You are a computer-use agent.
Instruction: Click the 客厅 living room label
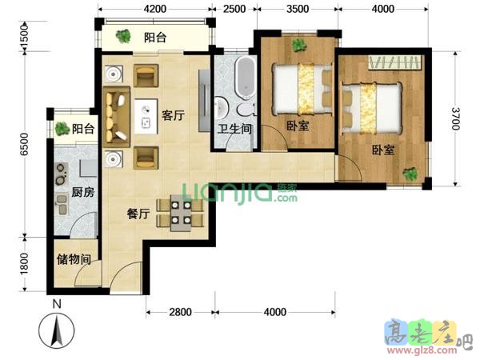pyautogui.click(x=174, y=115)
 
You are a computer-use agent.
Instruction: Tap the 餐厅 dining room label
pyautogui.click(x=138, y=214)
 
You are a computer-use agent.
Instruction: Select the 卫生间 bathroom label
pyautogui.click(x=234, y=129)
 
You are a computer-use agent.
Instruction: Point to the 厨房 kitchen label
pyautogui.click(x=83, y=192)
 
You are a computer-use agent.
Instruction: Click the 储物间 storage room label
pyautogui.click(x=74, y=259)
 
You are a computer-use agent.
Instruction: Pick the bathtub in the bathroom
pyautogui.click(x=245, y=78)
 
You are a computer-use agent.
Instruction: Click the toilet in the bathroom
pyautogui.click(x=246, y=110)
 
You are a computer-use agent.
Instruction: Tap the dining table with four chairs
pyautogui.click(x=180, y=213)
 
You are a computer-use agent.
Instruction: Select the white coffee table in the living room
pyautogui.click(x=146, y=116)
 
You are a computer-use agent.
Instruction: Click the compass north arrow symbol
pyautogui.click(x=57, y=330)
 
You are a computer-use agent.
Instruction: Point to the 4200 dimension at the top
pyautogui.click(x=155, y=9)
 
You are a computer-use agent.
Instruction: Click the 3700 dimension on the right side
pyautogui.click(x=455, y=118)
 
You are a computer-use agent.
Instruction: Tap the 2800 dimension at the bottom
pyautogui.click(x=181, y=312)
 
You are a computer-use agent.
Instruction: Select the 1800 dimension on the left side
pyautogui.click(x=25, y=263)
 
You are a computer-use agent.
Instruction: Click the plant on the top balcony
pyautogui.click(x=123, y=37)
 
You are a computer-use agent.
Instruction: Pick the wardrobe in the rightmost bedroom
pyautogui.click(x=395, y=62)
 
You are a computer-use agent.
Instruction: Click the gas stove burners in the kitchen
pyautogui.click(x=62, y=174)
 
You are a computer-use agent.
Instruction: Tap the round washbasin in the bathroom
pyautogui.click(x=221, y=107)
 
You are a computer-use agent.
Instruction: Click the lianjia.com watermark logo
pyautogui.click(x=240, y=192)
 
